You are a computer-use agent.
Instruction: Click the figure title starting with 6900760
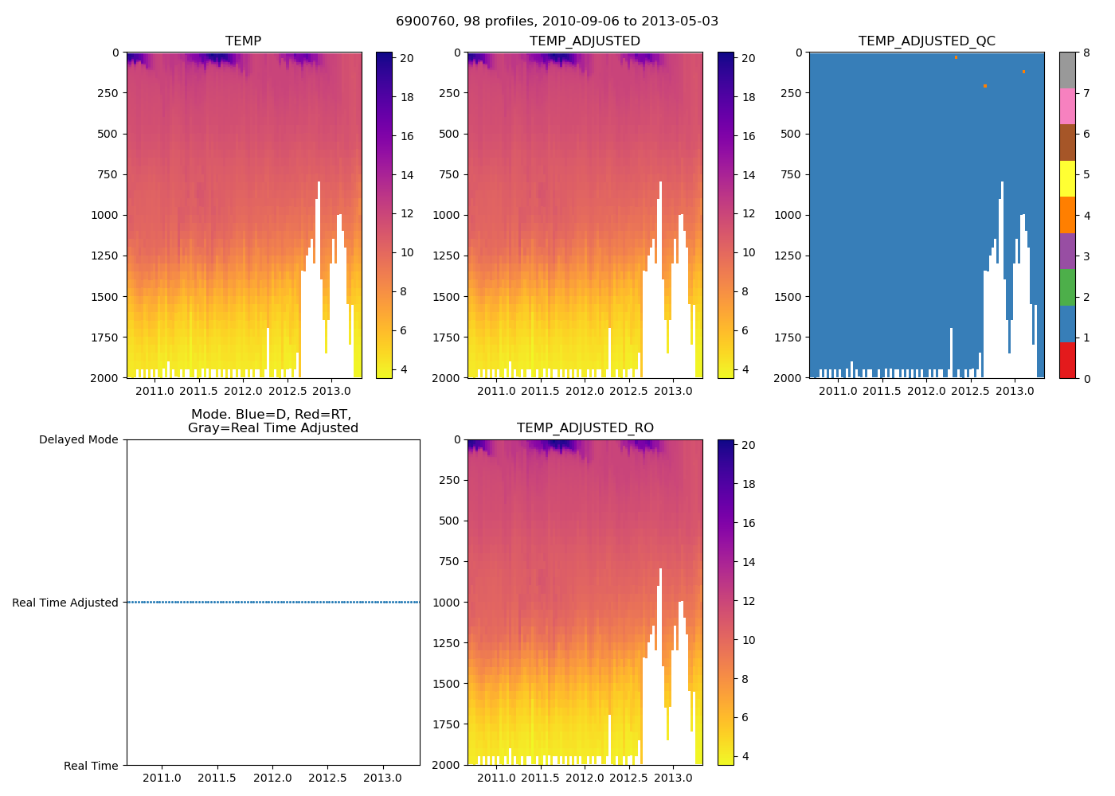point(557,21)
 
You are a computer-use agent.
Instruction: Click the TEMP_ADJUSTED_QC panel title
point(926,41)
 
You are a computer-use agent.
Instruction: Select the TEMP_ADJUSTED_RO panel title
point(585,427)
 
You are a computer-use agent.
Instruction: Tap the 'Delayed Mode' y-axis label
point(78,439)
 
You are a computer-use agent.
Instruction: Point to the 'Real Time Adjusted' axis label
point(65,603)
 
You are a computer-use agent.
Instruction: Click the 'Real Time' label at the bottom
point(91,766)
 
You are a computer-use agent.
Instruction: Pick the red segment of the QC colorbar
point(1067,360)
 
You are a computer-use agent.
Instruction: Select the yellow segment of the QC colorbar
point(1067,178)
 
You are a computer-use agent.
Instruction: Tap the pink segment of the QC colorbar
point(1067,106)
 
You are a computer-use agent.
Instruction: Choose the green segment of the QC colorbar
point(1067,287)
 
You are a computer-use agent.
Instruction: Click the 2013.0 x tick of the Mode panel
point(382,778)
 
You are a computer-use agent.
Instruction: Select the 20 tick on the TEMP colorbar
point(406,58)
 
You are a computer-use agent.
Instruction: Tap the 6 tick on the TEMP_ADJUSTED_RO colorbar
point(748,717)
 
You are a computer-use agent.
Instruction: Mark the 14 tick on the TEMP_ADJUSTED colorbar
point(748,175)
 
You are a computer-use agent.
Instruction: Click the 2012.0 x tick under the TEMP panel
point(243,391)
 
